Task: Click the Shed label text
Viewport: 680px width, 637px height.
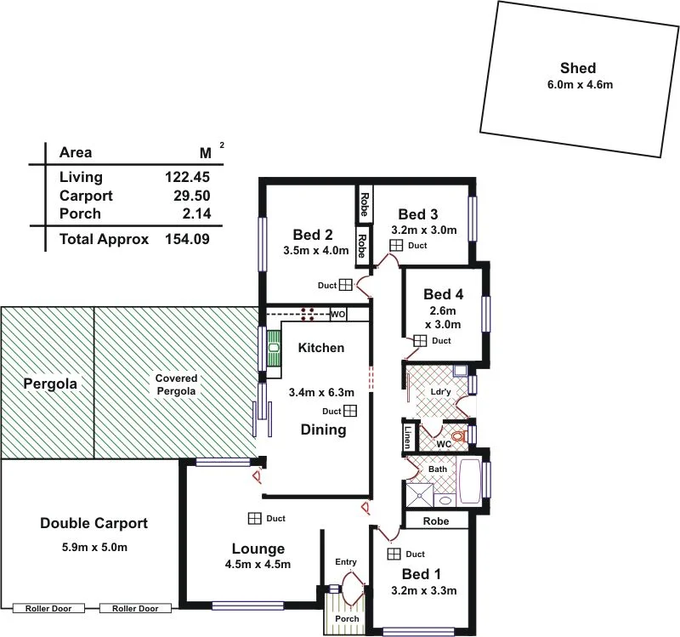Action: point(577,68)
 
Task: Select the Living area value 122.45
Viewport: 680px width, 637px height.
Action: point(187,178)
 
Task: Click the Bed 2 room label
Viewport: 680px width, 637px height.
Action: point(312,235)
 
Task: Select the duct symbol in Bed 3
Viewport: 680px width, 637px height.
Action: point(396,246)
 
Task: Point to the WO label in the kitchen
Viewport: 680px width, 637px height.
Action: point(337,315)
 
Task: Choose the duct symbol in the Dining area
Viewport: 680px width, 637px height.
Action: point(350,411)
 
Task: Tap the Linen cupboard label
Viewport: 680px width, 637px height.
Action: point(408,437)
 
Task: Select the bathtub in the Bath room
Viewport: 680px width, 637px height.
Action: point(469,482)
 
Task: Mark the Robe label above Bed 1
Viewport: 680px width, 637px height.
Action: point(435,520)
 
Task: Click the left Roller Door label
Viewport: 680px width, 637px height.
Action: point(49,608)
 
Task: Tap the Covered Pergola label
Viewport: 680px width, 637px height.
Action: point(176,384)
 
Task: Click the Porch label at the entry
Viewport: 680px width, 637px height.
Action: point(346,618)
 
